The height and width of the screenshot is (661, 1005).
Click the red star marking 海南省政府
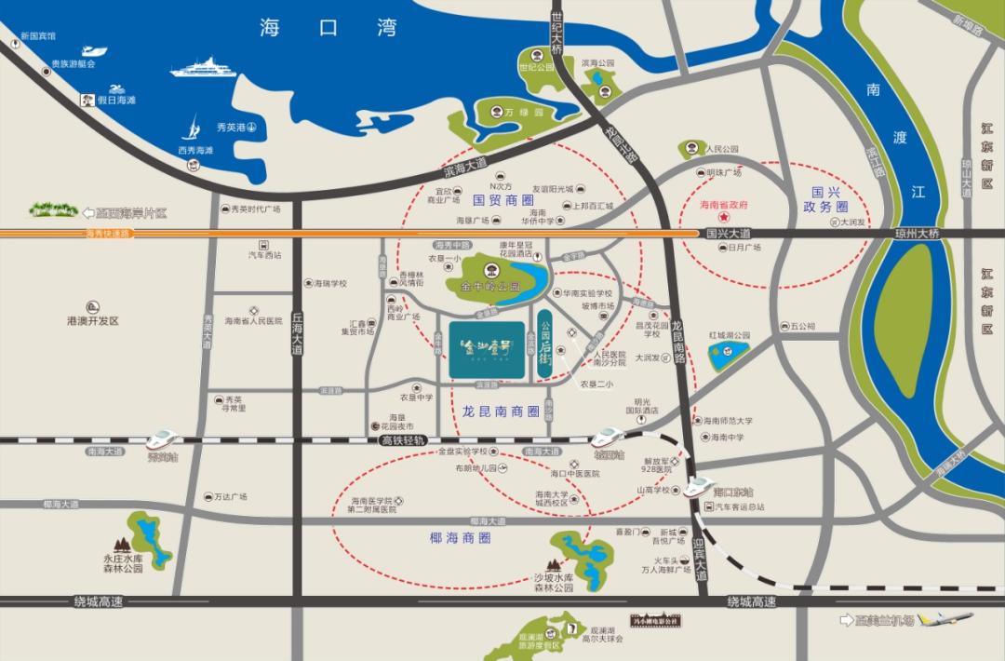click(723, 215)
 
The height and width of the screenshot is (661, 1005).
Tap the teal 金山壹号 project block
click(487, 349)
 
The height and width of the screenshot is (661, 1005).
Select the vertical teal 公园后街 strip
click(545, 344)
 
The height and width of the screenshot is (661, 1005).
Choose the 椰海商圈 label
click(461, 538)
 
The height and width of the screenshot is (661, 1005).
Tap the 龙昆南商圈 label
click(501, 411)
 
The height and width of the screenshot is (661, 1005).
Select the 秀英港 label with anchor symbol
click(235, 127)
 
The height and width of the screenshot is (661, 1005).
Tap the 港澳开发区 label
click(93, 320)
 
